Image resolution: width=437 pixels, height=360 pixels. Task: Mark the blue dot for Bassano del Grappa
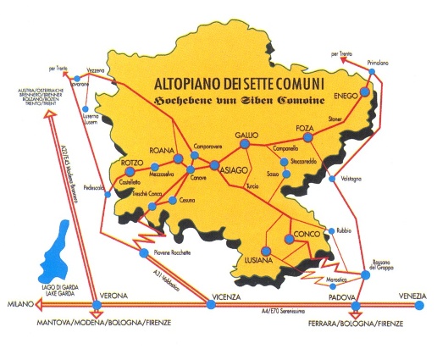[x=366, y=274]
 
